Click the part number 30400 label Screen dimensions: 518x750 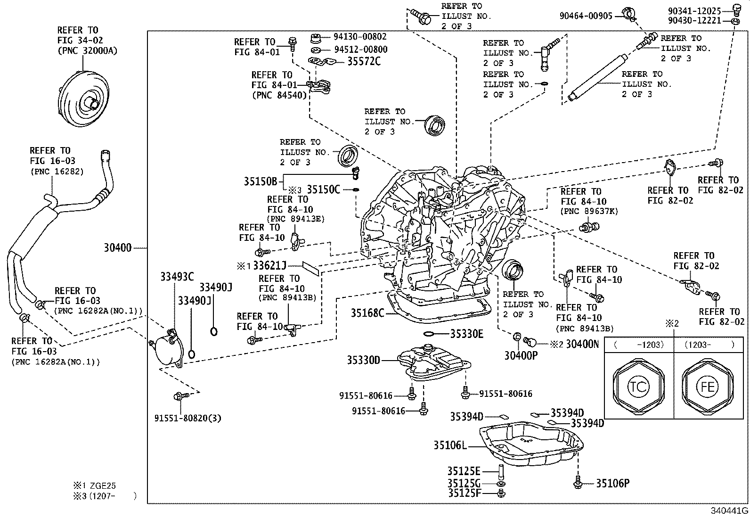click(x=118, y=247)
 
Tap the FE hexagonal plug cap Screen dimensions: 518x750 click(x=708, y=386)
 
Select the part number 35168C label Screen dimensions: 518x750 click(x=367, y=312)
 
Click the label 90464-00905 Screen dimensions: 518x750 click(x=586, y=16)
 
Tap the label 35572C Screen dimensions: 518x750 click(x=364, y=61)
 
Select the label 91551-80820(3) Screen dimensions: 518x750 click(x=187, y=418)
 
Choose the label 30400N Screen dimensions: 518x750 click(x=582, y=345)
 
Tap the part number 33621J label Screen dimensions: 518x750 click(x=269, y=266)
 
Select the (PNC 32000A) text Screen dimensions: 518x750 click(x=87, y=51)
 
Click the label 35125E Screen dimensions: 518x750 click(x=464, y=471)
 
